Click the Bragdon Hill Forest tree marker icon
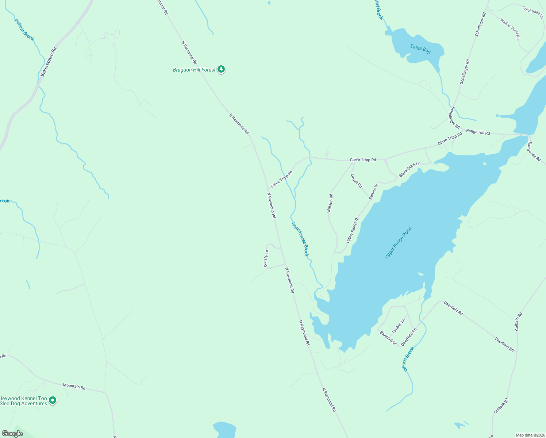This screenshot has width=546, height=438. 221,69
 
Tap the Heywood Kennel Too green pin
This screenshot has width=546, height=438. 53,400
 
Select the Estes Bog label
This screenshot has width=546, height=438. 420,49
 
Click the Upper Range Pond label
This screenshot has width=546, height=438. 398,243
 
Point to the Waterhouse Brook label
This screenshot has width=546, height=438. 300,239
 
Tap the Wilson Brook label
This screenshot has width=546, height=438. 408,359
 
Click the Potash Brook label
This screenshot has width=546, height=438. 24,30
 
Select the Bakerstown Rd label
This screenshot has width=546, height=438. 49,62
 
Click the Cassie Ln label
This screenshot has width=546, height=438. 266,258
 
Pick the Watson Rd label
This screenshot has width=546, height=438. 330,203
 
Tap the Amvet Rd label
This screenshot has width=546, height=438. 356,180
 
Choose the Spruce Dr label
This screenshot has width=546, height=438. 373,191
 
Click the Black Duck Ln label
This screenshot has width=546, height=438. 409,170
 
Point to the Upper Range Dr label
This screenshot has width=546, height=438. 353,230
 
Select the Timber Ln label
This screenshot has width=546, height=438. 398,326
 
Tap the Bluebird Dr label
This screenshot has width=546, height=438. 388,338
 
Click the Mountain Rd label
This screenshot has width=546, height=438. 74,386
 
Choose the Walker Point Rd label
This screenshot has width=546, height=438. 510,29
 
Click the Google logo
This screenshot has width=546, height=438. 12,434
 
